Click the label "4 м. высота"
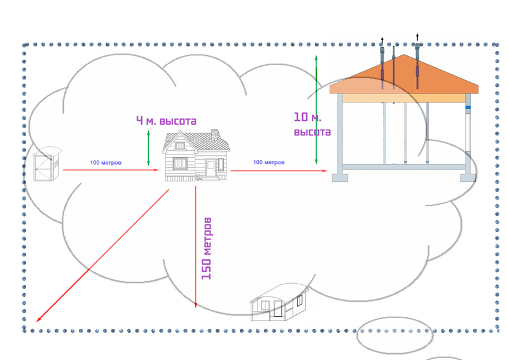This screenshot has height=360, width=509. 166,121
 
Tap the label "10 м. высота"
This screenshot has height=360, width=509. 312,124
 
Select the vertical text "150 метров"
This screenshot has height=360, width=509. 206,249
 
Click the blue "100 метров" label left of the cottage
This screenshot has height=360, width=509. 106,163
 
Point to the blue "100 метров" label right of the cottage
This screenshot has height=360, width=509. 268,162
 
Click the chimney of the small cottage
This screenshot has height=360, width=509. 214,134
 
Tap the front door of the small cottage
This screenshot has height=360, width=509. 211,168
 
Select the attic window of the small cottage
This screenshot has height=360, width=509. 180,146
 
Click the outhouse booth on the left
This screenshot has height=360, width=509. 47,163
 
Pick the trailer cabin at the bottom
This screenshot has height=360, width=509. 279,302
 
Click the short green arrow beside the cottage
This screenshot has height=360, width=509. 148,148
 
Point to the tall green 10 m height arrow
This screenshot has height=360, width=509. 316,110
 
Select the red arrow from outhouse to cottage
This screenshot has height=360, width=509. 111,170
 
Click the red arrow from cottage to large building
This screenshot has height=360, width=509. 279,170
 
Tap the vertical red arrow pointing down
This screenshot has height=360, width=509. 195,247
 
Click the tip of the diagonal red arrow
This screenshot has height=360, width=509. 36,322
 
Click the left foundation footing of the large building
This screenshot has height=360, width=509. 340,177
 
